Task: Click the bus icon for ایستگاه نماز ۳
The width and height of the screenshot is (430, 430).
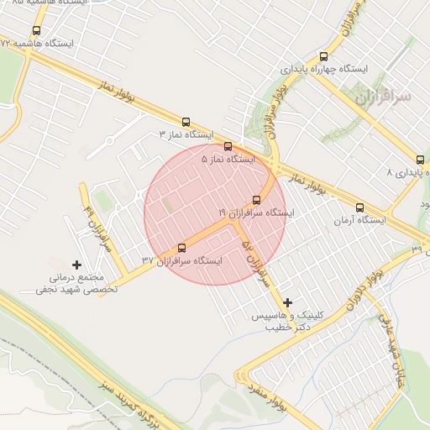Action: [x=186, y=122]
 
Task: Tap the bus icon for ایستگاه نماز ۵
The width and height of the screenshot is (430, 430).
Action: [x=228, y=147]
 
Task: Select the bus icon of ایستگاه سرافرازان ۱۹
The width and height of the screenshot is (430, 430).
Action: [x=256, y=201]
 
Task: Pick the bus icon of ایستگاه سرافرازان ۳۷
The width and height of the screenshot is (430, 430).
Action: [x=182, y=248]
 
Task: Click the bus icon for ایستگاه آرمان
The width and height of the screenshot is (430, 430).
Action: [x=359, y=207]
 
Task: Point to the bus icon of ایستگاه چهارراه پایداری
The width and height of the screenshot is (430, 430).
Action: [x=322, y=56]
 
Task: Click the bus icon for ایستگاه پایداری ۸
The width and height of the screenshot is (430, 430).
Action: [x=420, y=160]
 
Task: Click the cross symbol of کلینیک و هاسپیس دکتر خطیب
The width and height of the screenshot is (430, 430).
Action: [x=288, y=302]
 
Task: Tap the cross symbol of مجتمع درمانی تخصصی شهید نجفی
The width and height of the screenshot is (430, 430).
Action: [x=77, y=265]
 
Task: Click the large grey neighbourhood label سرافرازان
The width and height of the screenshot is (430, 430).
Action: [x=383, y=97]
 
